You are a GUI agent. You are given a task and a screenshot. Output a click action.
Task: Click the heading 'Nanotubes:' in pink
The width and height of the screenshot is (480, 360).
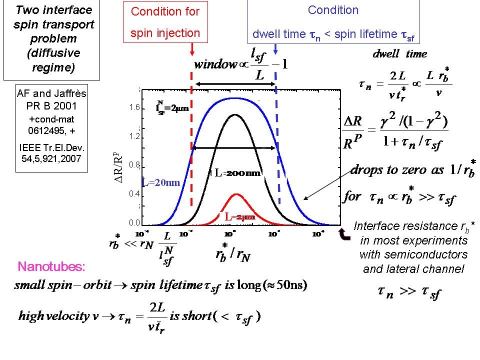pos(51,266)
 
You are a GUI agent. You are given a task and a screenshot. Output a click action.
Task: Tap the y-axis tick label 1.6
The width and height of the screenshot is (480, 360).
pos(133,107)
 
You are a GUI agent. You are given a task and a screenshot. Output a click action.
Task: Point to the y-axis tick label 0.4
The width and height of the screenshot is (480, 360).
pos(133,193)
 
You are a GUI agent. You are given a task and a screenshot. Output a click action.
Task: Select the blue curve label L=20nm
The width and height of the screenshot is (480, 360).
pos(160,183)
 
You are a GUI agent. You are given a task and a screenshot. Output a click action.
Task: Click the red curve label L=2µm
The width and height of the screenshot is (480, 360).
pos(239,217)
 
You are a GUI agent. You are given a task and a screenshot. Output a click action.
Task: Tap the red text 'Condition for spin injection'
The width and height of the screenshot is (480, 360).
pos(165,22)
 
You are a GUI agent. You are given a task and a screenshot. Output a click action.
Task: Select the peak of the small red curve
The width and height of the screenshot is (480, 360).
pos(236,194)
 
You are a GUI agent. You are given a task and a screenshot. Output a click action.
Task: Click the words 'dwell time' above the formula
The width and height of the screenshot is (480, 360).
pos(400,54)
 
